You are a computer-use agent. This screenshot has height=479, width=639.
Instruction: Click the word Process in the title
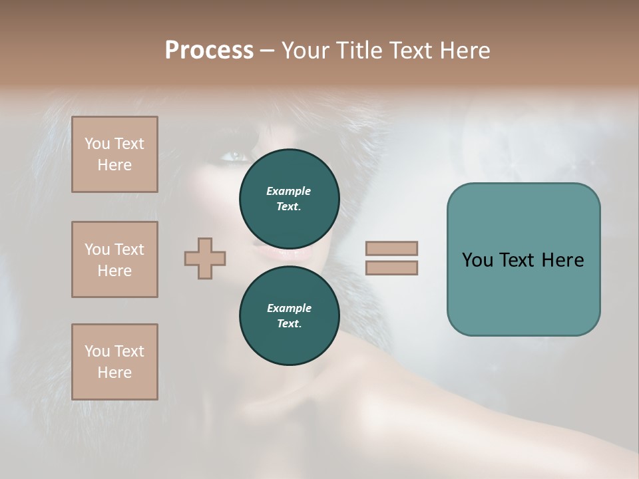pos(209,51)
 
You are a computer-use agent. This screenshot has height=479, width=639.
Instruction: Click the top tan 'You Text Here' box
pos(114,154)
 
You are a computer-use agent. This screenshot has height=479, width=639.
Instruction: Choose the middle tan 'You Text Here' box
pos(114,259)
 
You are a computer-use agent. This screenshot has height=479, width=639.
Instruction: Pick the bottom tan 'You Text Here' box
pos(114,361)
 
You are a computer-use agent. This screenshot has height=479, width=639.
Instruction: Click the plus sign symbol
pos(205,258)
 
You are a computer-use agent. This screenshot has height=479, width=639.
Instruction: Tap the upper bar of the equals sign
pos(391,248)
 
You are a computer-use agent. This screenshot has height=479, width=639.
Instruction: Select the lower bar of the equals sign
pos(391,268)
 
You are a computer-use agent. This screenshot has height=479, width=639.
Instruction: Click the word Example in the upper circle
pos(289,191)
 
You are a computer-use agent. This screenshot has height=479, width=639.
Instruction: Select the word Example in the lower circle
pos(289,308)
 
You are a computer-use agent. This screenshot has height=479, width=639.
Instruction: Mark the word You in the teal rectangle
pos(478,260)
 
